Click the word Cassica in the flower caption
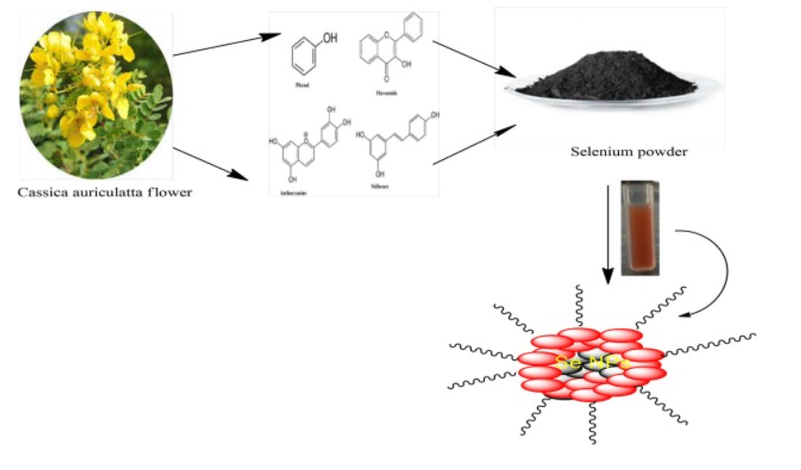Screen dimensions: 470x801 (47, 193)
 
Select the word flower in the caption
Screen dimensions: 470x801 (170, 193)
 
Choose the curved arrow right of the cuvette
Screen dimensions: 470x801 (719, 272)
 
